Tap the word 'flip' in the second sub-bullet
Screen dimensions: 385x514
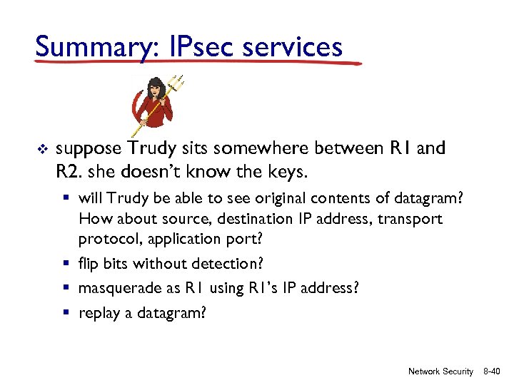[x=89, y=263]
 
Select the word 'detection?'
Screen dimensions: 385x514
[x=230, y=263]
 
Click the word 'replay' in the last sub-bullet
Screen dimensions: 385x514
[x=99, y=312]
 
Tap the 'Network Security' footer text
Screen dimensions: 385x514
[x=440, y=371]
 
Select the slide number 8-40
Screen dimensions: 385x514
[x=492, y=371]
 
